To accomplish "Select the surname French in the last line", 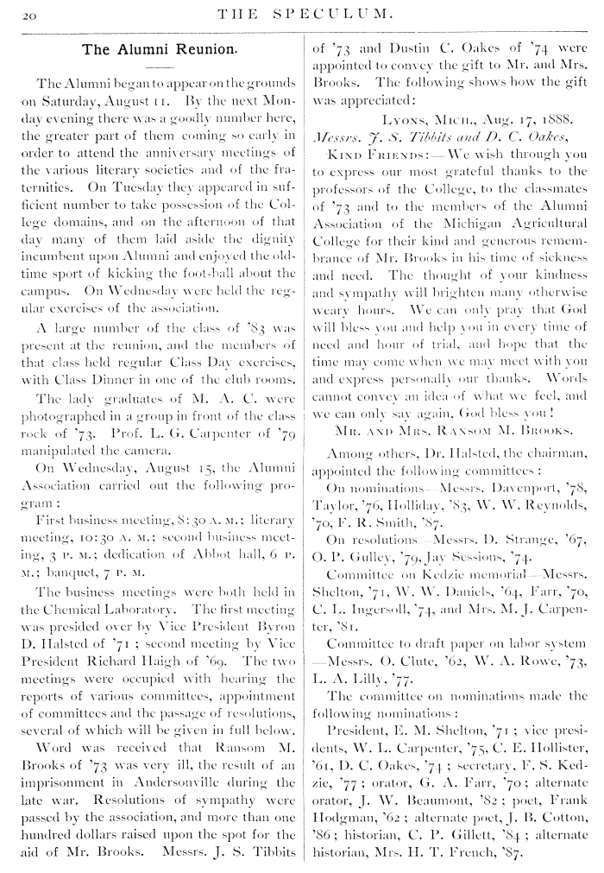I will (494, 835).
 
